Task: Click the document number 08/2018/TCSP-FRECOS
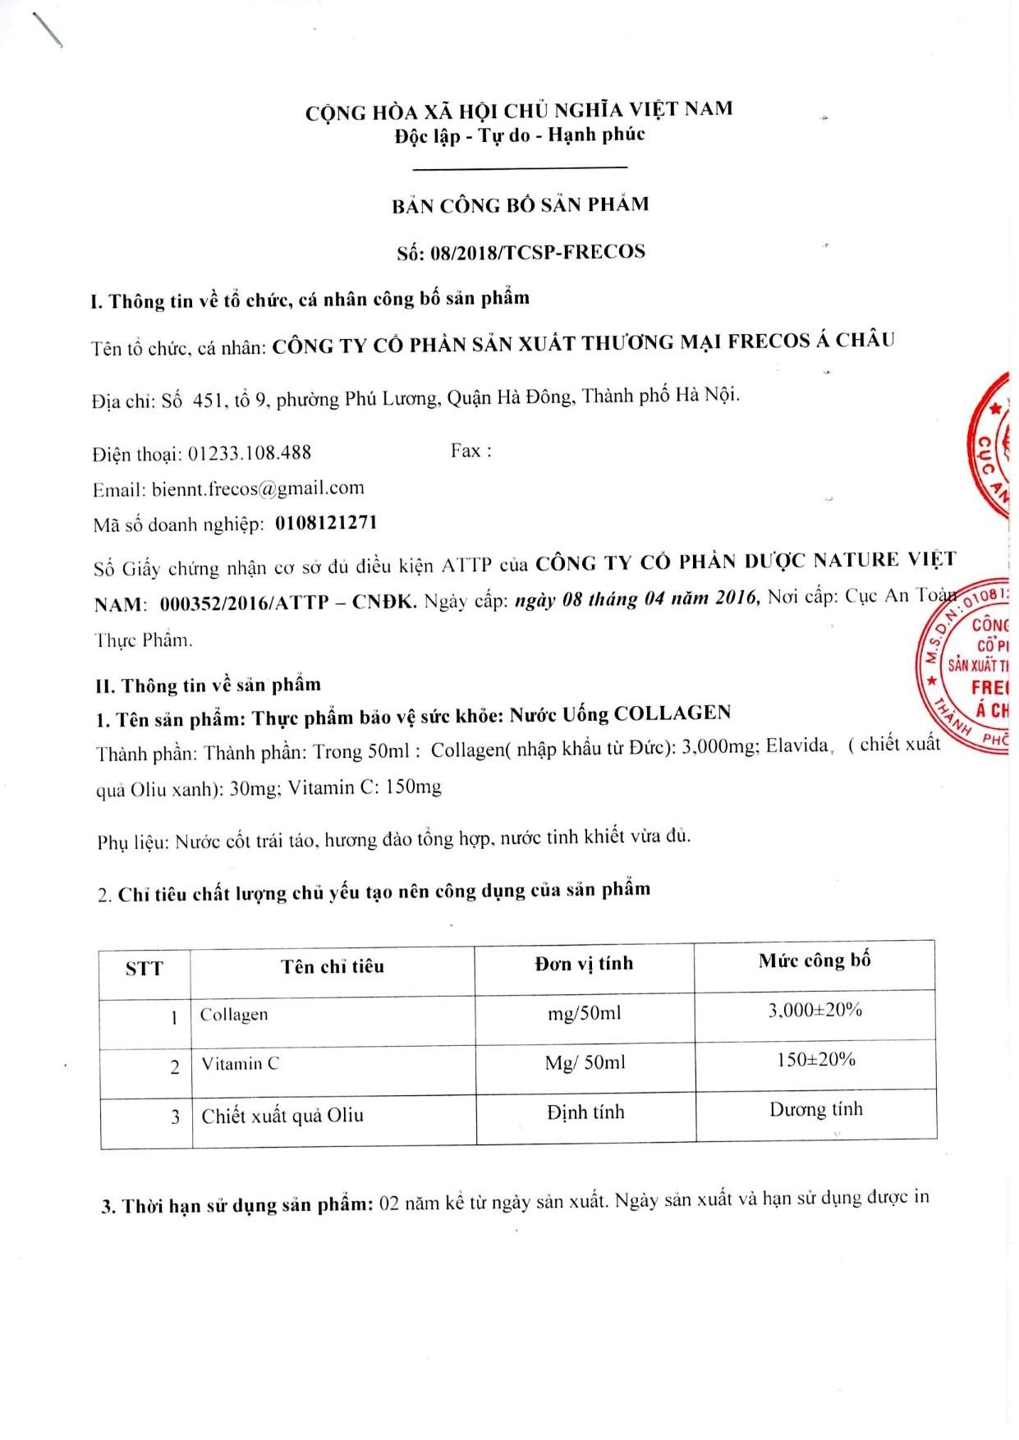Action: (x=537, y=252)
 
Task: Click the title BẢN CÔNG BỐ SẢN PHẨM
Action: (x=520, y=205)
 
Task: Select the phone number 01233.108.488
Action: (x=250, y=452)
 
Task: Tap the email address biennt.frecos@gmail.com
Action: (x=258, y=488)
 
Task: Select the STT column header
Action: (x=144, y=969)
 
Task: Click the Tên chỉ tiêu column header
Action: (x=333, y=966)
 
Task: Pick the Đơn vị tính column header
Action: (x=584, y=963)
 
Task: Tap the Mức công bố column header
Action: (x=815, y=961)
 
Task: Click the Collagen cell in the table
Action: (x=234, y=1015)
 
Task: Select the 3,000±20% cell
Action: (x=815, y=1010)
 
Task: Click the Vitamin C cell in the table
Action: (x=241, y=1064)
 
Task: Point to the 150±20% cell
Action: (x=816, y=1060)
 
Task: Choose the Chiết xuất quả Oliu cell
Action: (x=282, y=1116)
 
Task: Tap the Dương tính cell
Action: (x=816, y=1110)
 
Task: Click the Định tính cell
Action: (x=585, y=1112)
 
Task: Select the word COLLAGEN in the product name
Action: (x=672, y=713)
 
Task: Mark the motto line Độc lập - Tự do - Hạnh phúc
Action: (x=520, y=135)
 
